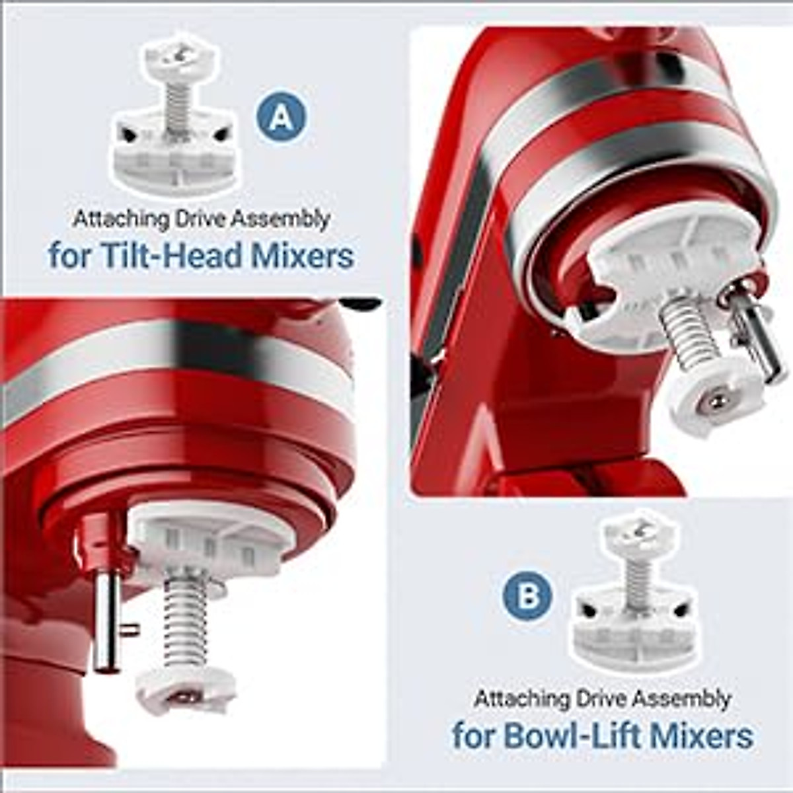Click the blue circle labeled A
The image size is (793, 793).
click(282, 117)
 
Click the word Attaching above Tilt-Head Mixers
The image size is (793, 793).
click(111, 219)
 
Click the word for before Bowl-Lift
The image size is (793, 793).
click(472, 735)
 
